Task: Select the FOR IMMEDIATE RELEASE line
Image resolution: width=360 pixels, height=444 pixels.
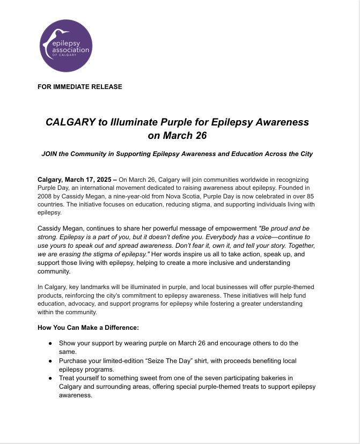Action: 80,86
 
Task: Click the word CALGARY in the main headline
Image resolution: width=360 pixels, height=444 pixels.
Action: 69,122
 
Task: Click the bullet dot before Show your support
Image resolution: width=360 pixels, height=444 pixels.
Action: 50,343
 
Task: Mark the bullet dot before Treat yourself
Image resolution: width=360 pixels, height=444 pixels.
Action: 50,378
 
